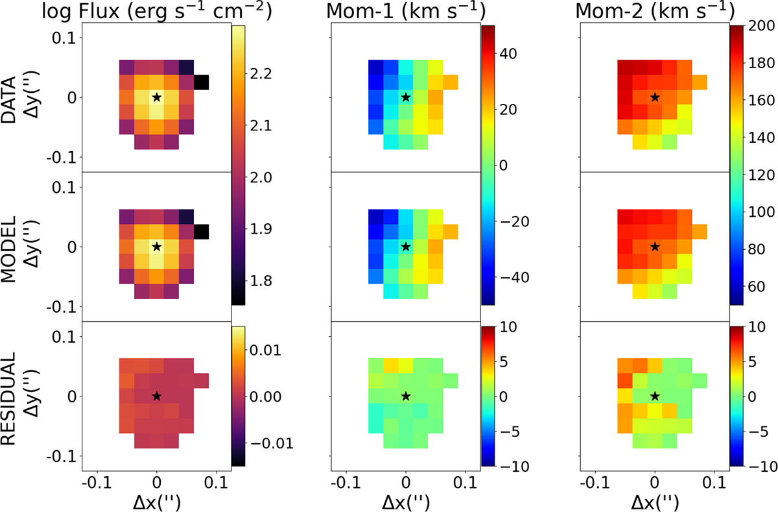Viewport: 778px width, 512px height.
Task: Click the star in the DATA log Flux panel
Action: pos(157,97)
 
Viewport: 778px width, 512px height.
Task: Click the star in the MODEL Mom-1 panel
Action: pos(406,247)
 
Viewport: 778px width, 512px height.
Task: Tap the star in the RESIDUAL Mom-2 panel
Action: pos(655,396)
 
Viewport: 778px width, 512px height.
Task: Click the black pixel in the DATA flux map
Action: pos(202,82)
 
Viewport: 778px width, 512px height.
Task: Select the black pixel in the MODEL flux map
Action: pos(202,232)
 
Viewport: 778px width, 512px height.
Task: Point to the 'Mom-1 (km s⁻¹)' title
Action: pos(406,11)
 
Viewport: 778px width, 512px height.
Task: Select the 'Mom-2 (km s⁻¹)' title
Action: pos(655,11)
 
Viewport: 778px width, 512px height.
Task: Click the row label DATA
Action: pos(9,100)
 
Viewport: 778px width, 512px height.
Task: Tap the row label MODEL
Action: pos(9,249)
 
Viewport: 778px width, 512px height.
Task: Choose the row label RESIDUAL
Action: pos(9,398)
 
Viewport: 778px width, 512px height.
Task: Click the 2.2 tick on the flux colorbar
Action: pos(261,74)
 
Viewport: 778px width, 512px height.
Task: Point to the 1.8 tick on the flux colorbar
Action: pos(261,281)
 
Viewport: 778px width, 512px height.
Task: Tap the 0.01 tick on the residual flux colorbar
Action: pos(265,350)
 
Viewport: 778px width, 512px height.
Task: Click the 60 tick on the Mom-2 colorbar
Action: pos(757,286)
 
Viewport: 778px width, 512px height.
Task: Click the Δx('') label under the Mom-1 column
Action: pos(406,503)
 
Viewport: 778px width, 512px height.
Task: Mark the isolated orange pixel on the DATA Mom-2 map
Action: pos(700,82)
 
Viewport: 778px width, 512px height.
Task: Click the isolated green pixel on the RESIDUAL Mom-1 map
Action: pos(451,381)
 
